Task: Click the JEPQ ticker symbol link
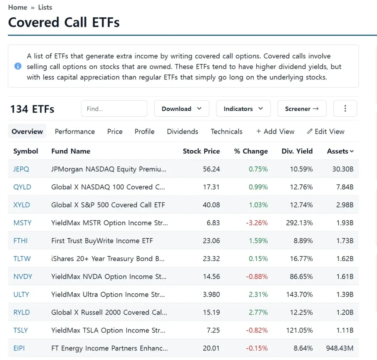pyautogui.click(x=21, y=169)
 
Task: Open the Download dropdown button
pyautogui.click(x=182, y=109)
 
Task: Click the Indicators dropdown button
pyautogui.click(x=243, y=109)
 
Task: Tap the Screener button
pyautogui.click(x=302, y=109)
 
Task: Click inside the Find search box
pyautogui.click(x=114, y=109)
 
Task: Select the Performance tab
pyautogui.click(x=75, y=132)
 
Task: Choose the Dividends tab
pyautogui.click(x=183, y=132)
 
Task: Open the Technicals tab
pyautogui.click(x=226, y=132)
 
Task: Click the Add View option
pyautogui.click(x=275, y=132)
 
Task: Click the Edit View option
pyautogui.click(x=326, y=132)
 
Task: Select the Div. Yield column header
pyautogui.click(x=297, y=151)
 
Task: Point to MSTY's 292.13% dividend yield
pyautogui.click(x=299, y=223)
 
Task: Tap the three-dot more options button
pyautogui.click(x=345, y=109)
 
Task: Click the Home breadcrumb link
pyautogui.click(x=18, y=7)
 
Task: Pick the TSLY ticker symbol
pyautogui.click(x=21, y=330)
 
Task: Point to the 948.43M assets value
pyautogui.click(x=339, y=348)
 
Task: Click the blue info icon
pyautogui.click(x=18, y=66)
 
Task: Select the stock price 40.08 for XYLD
pyautogui.click(x=211, y=205)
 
